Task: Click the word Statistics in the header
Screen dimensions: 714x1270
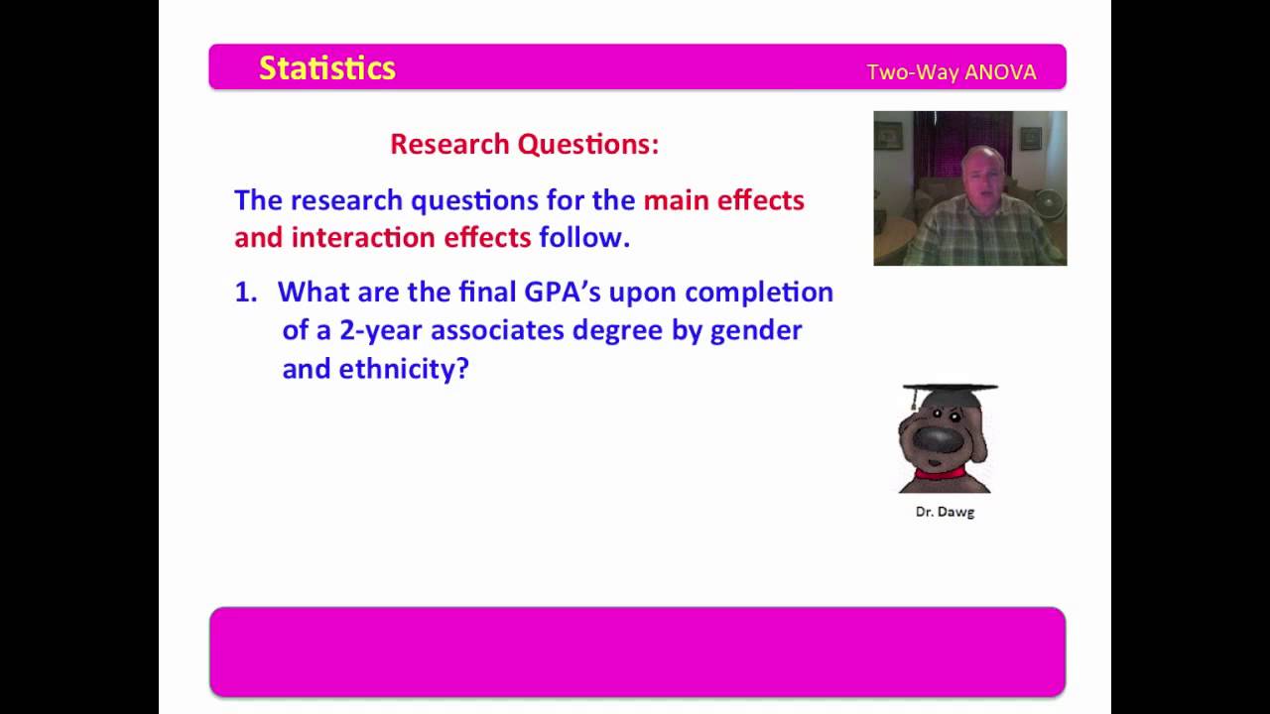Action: (326, 67)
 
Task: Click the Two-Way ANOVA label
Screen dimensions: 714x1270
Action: (951, 72)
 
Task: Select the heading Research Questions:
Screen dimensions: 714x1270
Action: (524, 144)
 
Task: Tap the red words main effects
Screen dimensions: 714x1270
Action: (723, 200)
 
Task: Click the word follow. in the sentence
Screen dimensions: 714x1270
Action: (584, 238)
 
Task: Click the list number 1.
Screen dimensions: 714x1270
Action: (244, 293)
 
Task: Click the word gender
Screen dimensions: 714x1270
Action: (756, 330)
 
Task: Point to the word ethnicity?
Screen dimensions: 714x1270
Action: (403, 369)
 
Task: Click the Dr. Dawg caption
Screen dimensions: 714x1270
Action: (945, 513)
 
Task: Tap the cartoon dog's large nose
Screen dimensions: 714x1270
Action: (940, 436)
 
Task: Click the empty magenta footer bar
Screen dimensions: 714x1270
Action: (637, 652)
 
